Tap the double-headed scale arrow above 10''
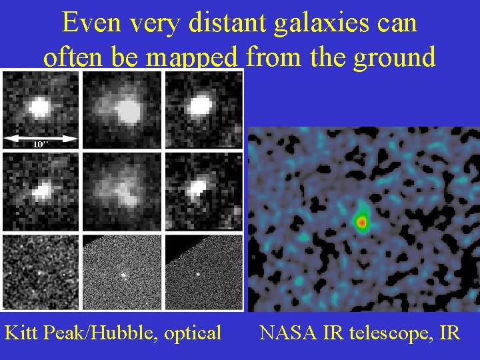[x=40, y=138]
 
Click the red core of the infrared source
[x=362, y=222]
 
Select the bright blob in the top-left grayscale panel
[x=39, y=107]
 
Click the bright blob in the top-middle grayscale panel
[x=125, y=111]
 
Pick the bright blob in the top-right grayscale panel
[x=199, y=105]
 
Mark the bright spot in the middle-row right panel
[x=197, y=189]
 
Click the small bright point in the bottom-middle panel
[x=123, y=274]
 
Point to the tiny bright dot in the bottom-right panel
[x=198, y=274]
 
